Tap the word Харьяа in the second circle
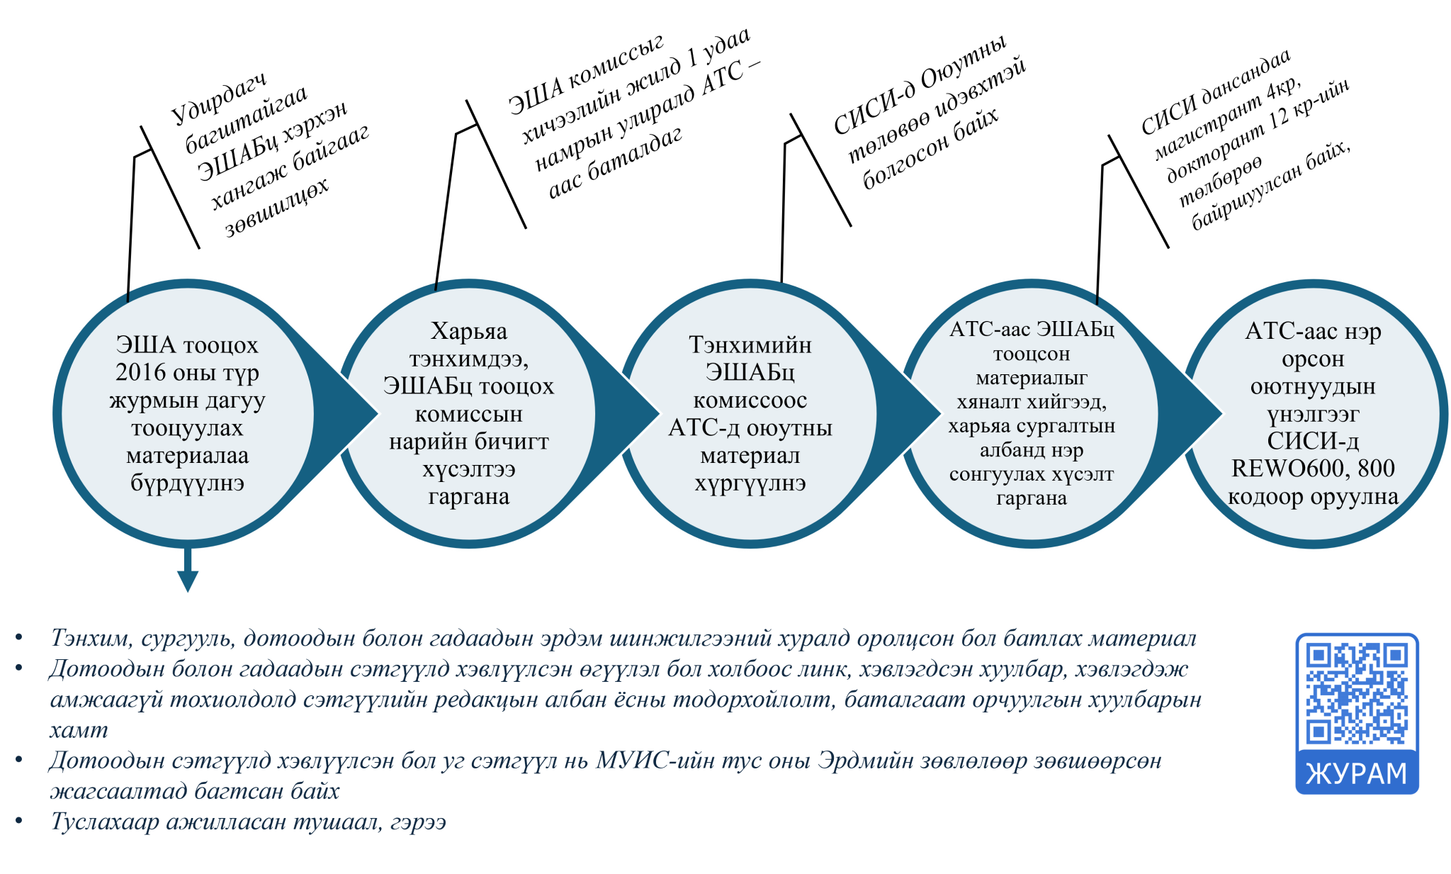click(x=469, y=332)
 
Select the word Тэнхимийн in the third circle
click(x=750, y=345)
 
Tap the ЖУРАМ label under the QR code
click(x=1357, y=773)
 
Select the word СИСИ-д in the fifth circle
click(x=1313, y=442)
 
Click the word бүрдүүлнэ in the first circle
click(x=187, y=483)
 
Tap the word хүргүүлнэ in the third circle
click(x=750, y=483)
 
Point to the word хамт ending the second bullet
click(x=79, y=730)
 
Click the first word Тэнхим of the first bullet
click(x=90, y=639)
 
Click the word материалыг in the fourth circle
click(x=1032, y=379)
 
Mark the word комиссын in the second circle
click(x=469, y=415)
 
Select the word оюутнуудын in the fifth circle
click(x=1313, y=387)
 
